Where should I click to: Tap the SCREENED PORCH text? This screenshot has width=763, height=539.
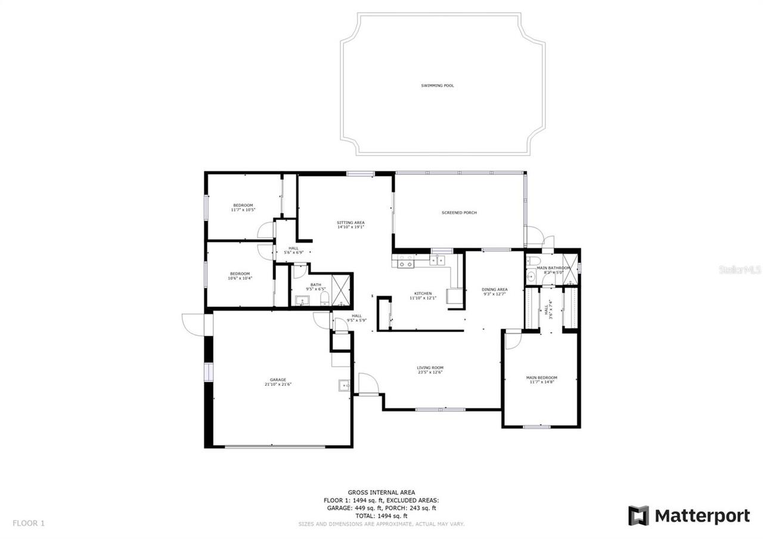(459, 213)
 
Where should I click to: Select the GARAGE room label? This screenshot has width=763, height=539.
(278, 380)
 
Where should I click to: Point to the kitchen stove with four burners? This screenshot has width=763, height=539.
(406, 261)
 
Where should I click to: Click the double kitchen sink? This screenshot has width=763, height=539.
(438, 260)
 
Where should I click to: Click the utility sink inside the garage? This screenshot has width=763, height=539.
(345, 385)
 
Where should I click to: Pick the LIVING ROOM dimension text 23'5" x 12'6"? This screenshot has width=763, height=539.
(430, 373)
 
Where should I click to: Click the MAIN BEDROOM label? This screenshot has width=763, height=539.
(541, 377)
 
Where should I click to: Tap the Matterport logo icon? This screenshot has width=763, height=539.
(638, 516)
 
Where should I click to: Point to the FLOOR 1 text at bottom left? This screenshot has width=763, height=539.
(29, 523)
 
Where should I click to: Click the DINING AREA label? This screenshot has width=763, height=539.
(494, 290)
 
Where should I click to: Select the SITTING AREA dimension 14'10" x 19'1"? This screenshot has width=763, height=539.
(351, 227)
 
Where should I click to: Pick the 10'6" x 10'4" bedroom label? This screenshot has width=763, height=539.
(240, 275)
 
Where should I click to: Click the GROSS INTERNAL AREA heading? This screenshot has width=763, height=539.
(381, 492)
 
